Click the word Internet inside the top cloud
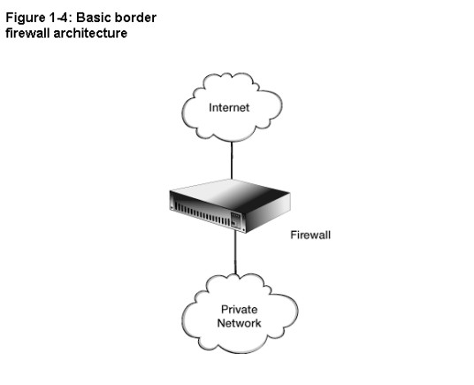coord(229,108)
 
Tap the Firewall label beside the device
coord(310,235)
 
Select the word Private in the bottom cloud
coord(240,310)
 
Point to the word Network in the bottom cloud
coord(239,323)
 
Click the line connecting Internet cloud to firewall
coord(232,160)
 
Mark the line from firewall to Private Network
coord(236,252)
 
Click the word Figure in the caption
coord(26,19)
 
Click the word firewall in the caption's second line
coord(27,33)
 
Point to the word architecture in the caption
coord(90,33)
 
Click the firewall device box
coord(230,206)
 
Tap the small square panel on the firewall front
coord(236,219)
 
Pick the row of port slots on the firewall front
coord(202,214)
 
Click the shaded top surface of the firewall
coord(230,194)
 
